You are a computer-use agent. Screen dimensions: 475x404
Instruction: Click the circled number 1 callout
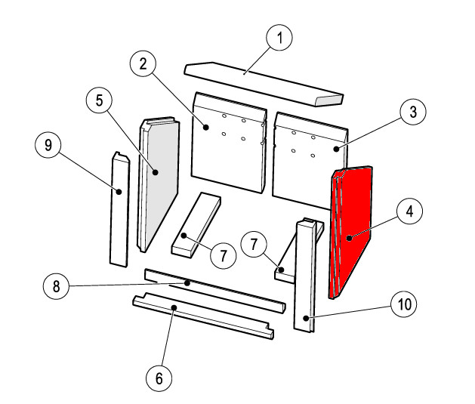pos(279,38)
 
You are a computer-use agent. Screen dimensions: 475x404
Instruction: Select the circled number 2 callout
pos(143,64)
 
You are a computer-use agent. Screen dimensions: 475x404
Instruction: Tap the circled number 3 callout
pos(413,112)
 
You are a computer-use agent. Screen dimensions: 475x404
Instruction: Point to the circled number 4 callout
pos(409,211)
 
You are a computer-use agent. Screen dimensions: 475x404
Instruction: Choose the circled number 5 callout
pos(99,100)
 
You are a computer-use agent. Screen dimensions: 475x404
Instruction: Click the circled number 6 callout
pos(159,378)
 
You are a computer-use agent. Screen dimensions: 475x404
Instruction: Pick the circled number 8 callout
pos(57,286)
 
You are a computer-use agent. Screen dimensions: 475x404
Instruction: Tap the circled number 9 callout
pos(48,145)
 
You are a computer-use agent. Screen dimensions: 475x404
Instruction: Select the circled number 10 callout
pos(404,304)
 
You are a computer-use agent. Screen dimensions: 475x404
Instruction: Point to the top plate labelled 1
pos(264,84)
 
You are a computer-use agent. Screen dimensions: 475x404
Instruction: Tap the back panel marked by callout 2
pos(230,142)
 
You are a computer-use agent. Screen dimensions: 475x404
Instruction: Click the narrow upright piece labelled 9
pos(120,209)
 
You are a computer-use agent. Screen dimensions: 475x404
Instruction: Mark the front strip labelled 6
pos(203,316)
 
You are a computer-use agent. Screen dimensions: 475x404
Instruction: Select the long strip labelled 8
pos(215,291)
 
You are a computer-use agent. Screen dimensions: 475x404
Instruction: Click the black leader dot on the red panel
pos(350,238)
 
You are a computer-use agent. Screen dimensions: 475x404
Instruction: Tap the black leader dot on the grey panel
pos(156,172)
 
